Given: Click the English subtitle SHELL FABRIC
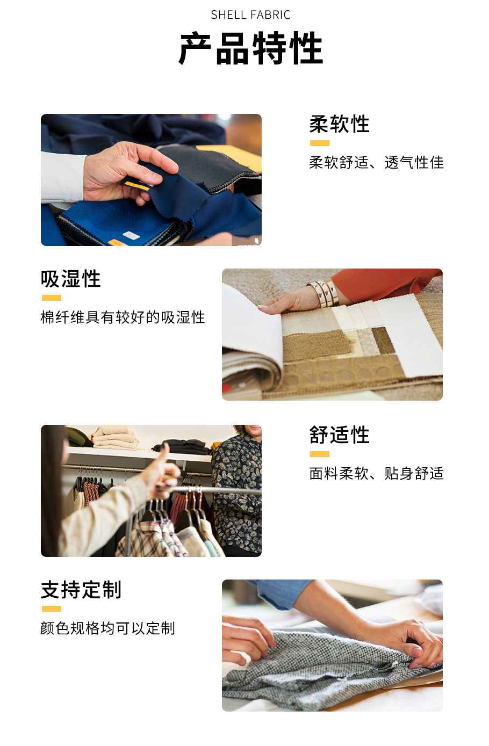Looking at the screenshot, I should point(250,15).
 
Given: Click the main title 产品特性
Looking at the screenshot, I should point(250,48).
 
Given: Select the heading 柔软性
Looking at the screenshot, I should point(339,124).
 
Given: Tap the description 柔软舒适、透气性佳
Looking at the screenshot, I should point(376,162).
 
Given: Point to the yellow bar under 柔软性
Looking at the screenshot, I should point(319,143).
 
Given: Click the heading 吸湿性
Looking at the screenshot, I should point(71,279).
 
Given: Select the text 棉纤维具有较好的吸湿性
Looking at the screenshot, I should point(123,317).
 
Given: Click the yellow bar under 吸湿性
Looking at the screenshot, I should point(52,298).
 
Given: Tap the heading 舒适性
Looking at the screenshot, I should point(339,434).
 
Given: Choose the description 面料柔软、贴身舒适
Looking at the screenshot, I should point(376,473).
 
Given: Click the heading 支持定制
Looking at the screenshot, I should point(81,590).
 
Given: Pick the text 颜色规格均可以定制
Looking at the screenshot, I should point(107,628).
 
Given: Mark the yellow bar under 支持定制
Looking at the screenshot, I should point(52,609).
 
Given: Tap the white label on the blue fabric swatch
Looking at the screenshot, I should point(131,235).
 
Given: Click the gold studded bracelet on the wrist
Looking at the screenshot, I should point(324,293).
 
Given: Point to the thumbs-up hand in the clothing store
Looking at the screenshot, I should point(161,470).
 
